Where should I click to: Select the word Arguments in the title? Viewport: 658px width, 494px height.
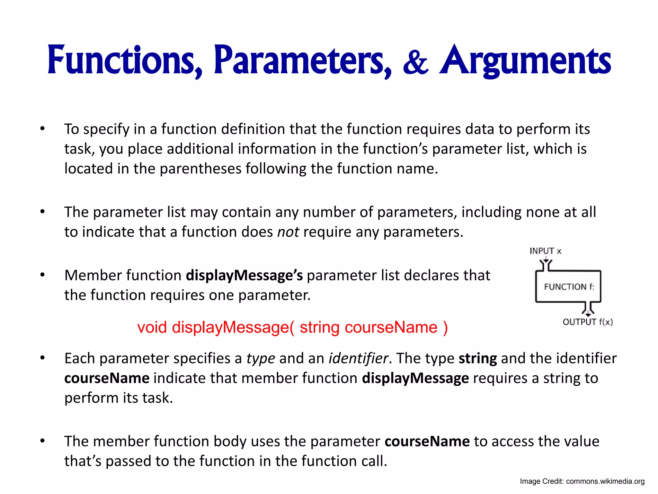point(525,61)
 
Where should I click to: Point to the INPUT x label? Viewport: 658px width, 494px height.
point(545,251)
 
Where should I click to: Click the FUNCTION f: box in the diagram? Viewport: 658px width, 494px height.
point(568,286)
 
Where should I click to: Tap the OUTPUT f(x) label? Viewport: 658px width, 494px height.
point(588,322)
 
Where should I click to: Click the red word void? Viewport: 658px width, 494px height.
point(152,327)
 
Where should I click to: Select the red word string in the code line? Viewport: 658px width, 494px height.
point(319,327)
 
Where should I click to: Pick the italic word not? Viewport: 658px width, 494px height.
point(288,232)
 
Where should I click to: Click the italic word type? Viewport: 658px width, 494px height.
point(261,358)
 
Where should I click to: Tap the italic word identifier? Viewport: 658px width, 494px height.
point(358,358)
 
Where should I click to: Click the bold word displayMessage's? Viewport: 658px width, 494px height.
point(244,276)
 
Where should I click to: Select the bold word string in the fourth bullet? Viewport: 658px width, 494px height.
point(477,358)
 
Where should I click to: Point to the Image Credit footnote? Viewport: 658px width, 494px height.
point(582,481)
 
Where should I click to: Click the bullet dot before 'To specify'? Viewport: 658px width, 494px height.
point(42,129)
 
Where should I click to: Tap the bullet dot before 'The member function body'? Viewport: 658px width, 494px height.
point(42,441)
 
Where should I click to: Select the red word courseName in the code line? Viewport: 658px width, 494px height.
point(391,327)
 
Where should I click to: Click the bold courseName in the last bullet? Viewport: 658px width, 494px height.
point(427,441)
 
